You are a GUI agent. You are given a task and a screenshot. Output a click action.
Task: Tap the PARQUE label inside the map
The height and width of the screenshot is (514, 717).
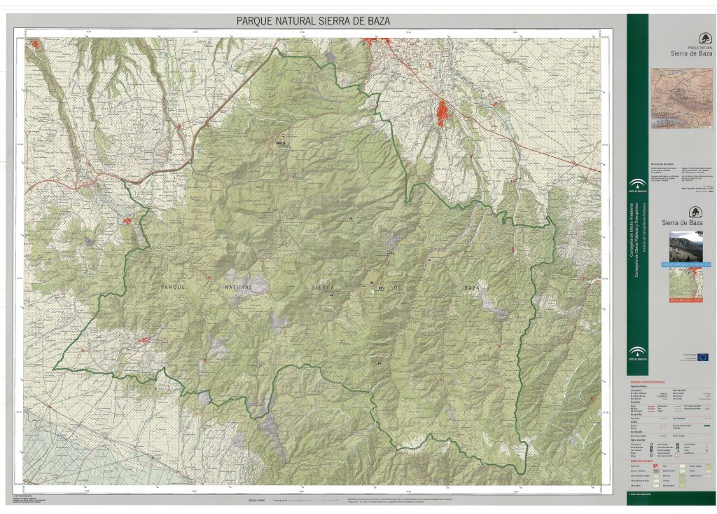pyautogui.click(x=174, y=288)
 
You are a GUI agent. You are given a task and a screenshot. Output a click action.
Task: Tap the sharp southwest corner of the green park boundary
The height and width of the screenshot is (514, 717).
pyautogui.click(x=54, y=368)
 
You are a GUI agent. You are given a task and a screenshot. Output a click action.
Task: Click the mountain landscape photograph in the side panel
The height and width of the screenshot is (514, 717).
pyautogui.click(x=685, y=246)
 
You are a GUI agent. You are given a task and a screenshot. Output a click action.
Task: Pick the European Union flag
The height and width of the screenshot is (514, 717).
pyautogui.click(x=702, y=357)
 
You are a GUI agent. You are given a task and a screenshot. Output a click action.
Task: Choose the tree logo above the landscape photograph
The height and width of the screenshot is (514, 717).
pyautogui.click(x=693, y=212)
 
